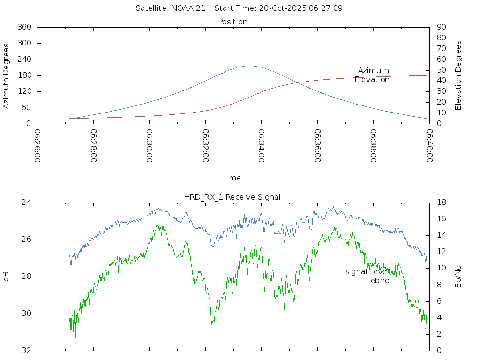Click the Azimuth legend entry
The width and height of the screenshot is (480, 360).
pyautogui.click(x=374, y=71)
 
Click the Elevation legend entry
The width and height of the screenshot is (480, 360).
pyautogui.click(x=372, y=80)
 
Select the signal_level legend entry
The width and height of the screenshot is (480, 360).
pyautogui.click(x=366, y=272)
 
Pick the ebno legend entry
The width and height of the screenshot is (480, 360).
pyautogui.click(x=380, y=281)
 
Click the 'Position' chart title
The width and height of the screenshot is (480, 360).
pyautogui.click(x=233, y=22)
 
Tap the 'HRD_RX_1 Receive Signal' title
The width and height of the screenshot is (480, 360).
pyautogui.click(x=232, y=197)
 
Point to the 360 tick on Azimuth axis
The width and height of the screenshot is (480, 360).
pyautogui.click(x=24, y=27)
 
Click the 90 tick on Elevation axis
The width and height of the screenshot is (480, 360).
pyautogui.click(x=441, y=27)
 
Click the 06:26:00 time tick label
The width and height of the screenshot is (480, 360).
pyautogui.click(x=37, y=146)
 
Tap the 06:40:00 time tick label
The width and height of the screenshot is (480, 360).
pyautogui.click(x=429, y=146)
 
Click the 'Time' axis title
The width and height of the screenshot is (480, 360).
pyautogui.click(x=232, y=178)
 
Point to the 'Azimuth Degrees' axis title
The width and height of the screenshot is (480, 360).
pyautogui.click(x=7, y=75)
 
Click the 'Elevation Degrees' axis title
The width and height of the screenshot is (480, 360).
pyautogui.click(x=458, y=75)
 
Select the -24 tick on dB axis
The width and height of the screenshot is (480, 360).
pyautogui.click(x=24, y=202)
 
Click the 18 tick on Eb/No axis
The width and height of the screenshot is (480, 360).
pyautogui.click(x=441, y=202)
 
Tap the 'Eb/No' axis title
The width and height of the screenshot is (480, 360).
pyautogui.click(x=458, y=277)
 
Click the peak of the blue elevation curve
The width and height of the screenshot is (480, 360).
pyautogui.click(x=249, y=66)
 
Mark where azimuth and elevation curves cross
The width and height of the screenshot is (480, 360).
pyautogui.click(x=297, y=83)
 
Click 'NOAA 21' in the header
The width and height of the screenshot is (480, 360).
pyautogui.click(x=189, y=8)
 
